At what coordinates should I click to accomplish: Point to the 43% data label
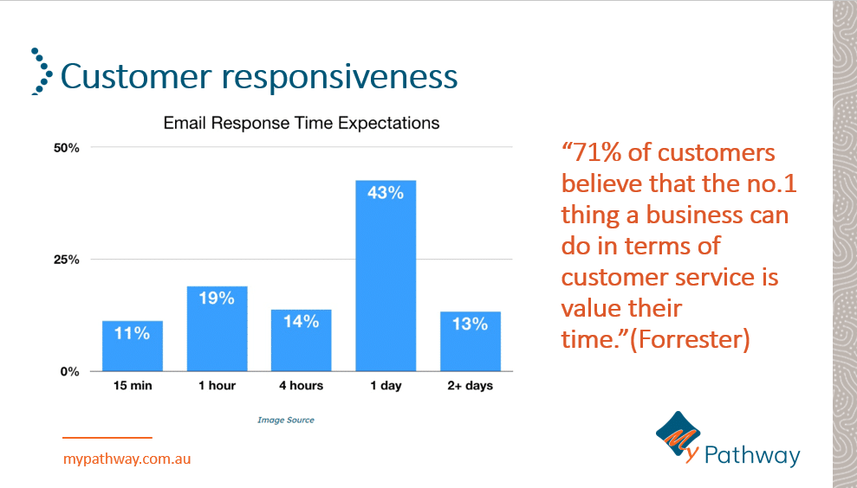coord(386,193)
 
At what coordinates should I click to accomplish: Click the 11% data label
coord(133,333)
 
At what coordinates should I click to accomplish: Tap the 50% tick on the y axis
coord(67,148)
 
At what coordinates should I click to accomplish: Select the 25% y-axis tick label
coord(67,260)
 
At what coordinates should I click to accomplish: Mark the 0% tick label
coord(70,372)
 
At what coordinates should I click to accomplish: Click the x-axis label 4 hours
coord(301,386)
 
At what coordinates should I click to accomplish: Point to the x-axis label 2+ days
coord(470,386)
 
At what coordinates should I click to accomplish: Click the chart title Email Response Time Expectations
coord(302,123)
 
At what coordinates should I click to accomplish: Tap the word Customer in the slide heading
coord(136,76)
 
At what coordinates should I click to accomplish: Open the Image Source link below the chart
coord(286,421)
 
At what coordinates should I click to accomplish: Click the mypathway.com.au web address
coord(127,459)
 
